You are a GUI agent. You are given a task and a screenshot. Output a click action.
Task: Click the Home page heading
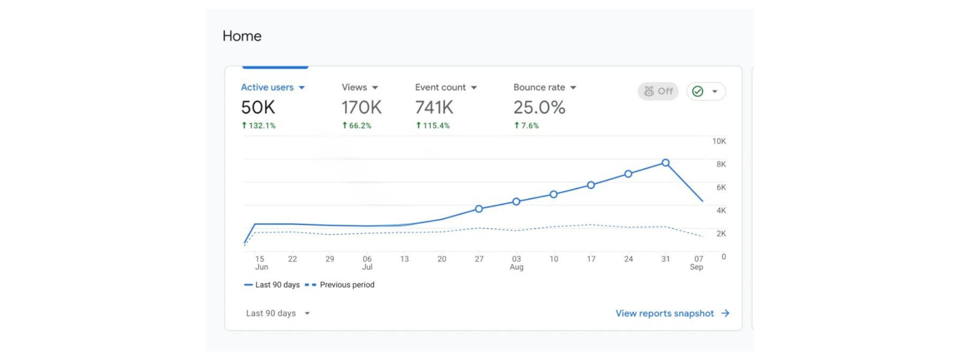(242, 36)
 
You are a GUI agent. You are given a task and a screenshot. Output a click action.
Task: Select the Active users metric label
(267, 88)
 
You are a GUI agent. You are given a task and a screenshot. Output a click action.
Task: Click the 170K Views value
(361, 107)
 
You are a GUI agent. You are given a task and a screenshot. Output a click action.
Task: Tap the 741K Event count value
(434, 107)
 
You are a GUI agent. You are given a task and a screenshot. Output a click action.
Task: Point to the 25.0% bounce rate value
(539, 107)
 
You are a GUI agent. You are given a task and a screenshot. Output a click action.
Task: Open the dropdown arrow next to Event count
(474, 88)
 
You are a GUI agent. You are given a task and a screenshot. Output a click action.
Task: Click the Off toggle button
(658, 91)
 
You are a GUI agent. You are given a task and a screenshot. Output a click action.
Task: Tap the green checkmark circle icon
(698, 91)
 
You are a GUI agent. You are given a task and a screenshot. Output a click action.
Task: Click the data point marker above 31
(665, 163)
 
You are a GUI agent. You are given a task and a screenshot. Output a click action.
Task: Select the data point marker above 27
(479, 209)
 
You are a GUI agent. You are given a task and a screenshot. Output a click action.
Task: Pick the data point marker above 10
(554, 194)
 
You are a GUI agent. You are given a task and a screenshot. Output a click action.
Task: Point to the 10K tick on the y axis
(719, 141)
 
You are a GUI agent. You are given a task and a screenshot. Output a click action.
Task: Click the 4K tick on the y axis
(721, 211)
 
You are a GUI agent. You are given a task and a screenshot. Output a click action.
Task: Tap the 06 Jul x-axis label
(367, 263)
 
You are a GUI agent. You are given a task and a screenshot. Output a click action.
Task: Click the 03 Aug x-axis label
(517, 263)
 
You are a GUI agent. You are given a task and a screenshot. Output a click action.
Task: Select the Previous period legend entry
(347, 285)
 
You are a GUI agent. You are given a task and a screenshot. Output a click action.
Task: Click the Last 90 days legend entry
(277, 285)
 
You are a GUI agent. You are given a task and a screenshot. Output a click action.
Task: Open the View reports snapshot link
(665, 313)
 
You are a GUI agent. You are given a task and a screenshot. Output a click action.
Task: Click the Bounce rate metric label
(539, 88)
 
